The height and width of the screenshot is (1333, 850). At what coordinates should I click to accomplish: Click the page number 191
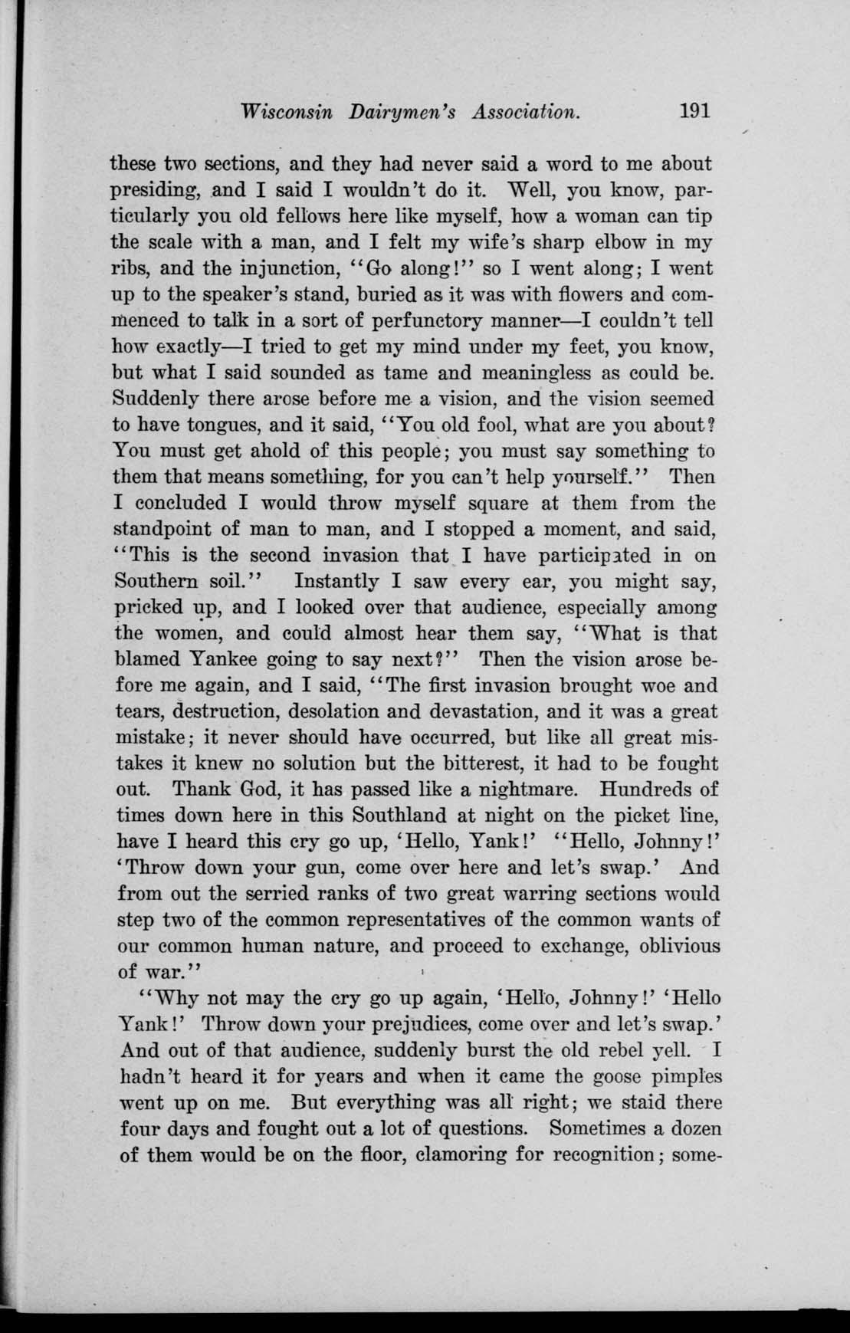click(694, 111)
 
